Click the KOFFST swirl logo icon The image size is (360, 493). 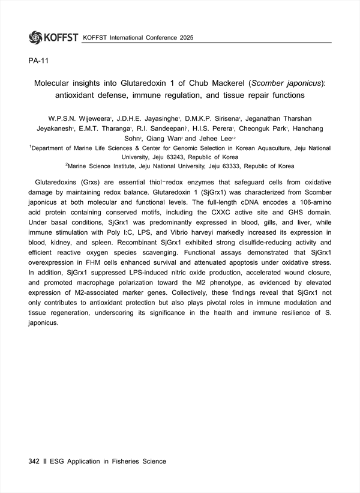pyautogui.click(x=35, y=37)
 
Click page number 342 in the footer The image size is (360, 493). pyautogui.click(x=34, y=461)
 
